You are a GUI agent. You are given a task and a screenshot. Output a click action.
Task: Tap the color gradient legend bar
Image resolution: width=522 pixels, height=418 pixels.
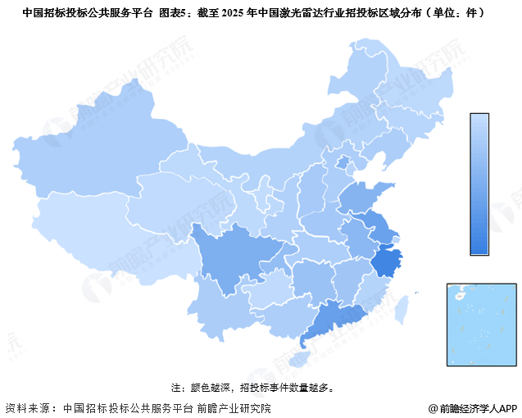click(x=479, y=184)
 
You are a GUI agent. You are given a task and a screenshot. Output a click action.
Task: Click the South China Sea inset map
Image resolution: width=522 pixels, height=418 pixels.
click(x=482, y=324)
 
